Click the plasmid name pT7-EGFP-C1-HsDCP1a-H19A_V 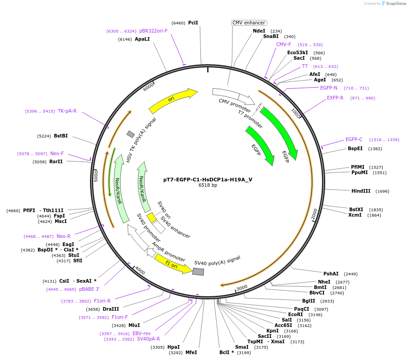point(208,180)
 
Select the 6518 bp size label point(208,185)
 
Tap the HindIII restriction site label point(361,191)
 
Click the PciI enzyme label point(193,23)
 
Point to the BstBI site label point(61,136)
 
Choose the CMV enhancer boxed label point(249,23)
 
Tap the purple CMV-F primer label point(284,45)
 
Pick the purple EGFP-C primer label point(354,140)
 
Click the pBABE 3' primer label point(89,289)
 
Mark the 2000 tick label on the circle point(314,214)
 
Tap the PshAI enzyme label point(331,274)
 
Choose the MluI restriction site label point(134,325)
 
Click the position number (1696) point(382,191)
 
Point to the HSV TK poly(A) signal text point(141,140)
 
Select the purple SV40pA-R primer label point(148,339)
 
